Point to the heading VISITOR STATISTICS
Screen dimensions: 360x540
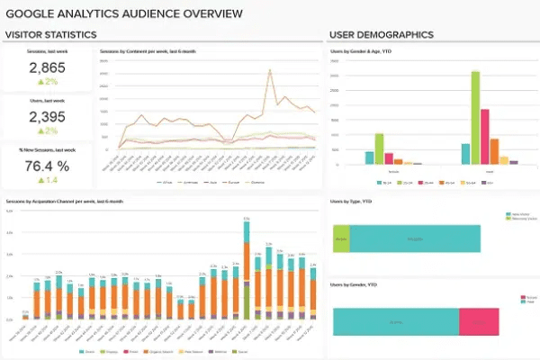pos(50,35)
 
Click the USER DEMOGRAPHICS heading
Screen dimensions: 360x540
pos(382,35)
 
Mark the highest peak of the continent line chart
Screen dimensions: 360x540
pos(269,70)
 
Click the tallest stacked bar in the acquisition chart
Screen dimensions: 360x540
pos(247,270)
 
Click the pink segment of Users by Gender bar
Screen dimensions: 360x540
pos(478,320)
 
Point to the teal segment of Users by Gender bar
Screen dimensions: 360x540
pos(396,320)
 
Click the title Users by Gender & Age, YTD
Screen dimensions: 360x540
pos(359,53)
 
